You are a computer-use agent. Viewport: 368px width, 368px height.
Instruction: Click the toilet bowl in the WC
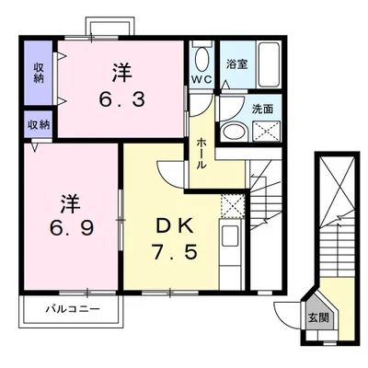201,60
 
